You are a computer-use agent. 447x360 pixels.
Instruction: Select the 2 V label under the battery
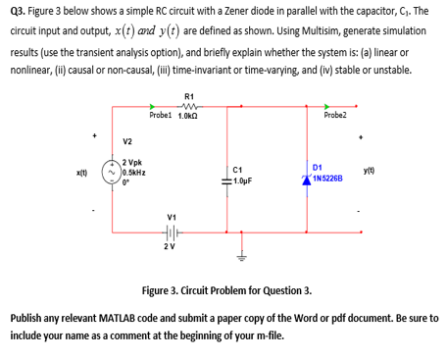(x=172, y=247)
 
